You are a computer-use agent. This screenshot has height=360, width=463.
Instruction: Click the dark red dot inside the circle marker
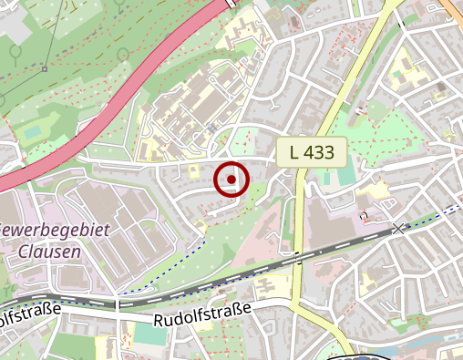click(231, 180)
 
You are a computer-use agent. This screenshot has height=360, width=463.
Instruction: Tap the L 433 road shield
click(312, 152)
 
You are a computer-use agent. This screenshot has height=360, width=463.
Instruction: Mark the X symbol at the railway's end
click(397, 228)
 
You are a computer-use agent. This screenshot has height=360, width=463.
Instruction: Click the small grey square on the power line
click(44, 68)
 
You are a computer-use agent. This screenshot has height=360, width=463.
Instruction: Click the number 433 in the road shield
click(320, 152)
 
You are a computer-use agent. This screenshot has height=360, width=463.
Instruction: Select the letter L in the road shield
click(294, 152)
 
